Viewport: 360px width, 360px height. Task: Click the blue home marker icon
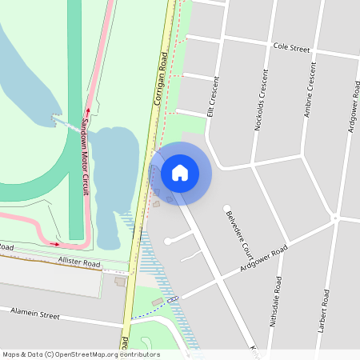click(180, 172)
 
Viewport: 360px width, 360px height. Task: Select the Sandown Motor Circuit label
click(86, 157)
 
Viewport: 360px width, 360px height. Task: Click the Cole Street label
click(290, 48)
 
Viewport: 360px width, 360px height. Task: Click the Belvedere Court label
click(238, 231)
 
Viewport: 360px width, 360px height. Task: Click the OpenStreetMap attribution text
click(81, 354)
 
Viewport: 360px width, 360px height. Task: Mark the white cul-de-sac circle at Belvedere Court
click(226, 209)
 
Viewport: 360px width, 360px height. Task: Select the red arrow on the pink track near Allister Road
click(54, 243)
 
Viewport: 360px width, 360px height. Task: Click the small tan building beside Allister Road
click(120, 282)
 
